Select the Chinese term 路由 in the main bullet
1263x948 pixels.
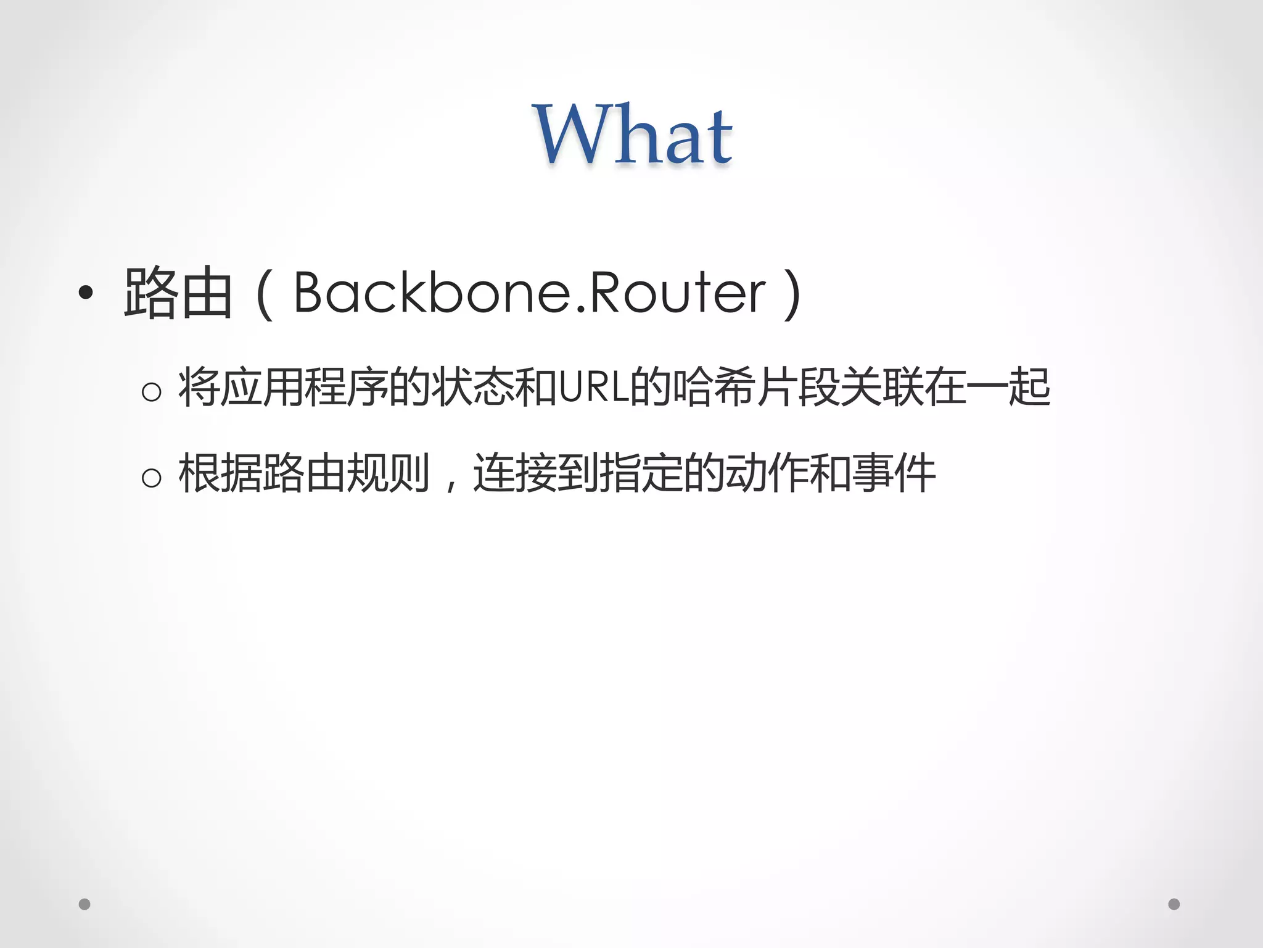click(178, 293)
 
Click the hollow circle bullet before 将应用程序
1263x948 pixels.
click(151, 391)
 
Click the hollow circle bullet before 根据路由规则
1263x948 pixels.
click(151, 477)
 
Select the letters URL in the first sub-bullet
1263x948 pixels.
click(594, 388)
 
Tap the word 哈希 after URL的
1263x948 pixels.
click(714, 388)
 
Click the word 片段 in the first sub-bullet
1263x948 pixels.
click(798, 388)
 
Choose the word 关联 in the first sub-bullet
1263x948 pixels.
click(882, 388)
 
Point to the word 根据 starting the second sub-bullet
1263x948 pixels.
click(220, 473)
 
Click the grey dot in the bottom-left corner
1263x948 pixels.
click(85, 904)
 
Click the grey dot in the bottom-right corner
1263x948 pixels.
click(1174, 904)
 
